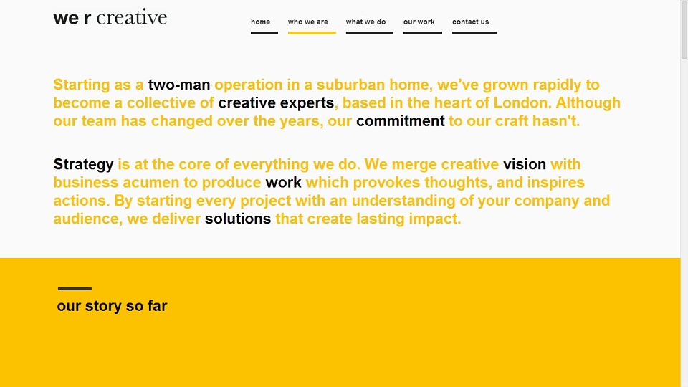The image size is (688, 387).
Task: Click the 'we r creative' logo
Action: click(110, 17)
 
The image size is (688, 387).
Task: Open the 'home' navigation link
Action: click(261, 21)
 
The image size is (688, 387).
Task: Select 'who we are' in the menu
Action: click(308, 21)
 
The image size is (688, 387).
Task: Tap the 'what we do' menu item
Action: click(366, 21)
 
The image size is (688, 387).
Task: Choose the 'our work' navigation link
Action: click(419, 21)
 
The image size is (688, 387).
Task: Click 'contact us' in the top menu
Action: click(470, 21)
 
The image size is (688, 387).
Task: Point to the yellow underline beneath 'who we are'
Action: click(312, 32)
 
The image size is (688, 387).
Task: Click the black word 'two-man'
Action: click(179, 85)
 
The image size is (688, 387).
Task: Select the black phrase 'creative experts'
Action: click(276, 102)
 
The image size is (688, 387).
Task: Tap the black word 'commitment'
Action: click(400, 120)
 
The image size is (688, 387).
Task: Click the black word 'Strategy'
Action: click(83, 165)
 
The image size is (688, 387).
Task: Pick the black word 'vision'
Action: click(525, 164)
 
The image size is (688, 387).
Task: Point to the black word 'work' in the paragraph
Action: click(284, 182)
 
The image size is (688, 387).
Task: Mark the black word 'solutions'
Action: click(238, 219)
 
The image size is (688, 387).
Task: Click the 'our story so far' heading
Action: click(112, 306)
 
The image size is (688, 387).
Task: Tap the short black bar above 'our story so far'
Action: click(75, 289)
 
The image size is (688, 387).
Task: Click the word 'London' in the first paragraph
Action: click(522, 102)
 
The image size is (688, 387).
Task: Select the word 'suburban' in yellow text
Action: click(351, 85)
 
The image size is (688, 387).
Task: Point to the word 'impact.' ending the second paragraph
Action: click(435, 219)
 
